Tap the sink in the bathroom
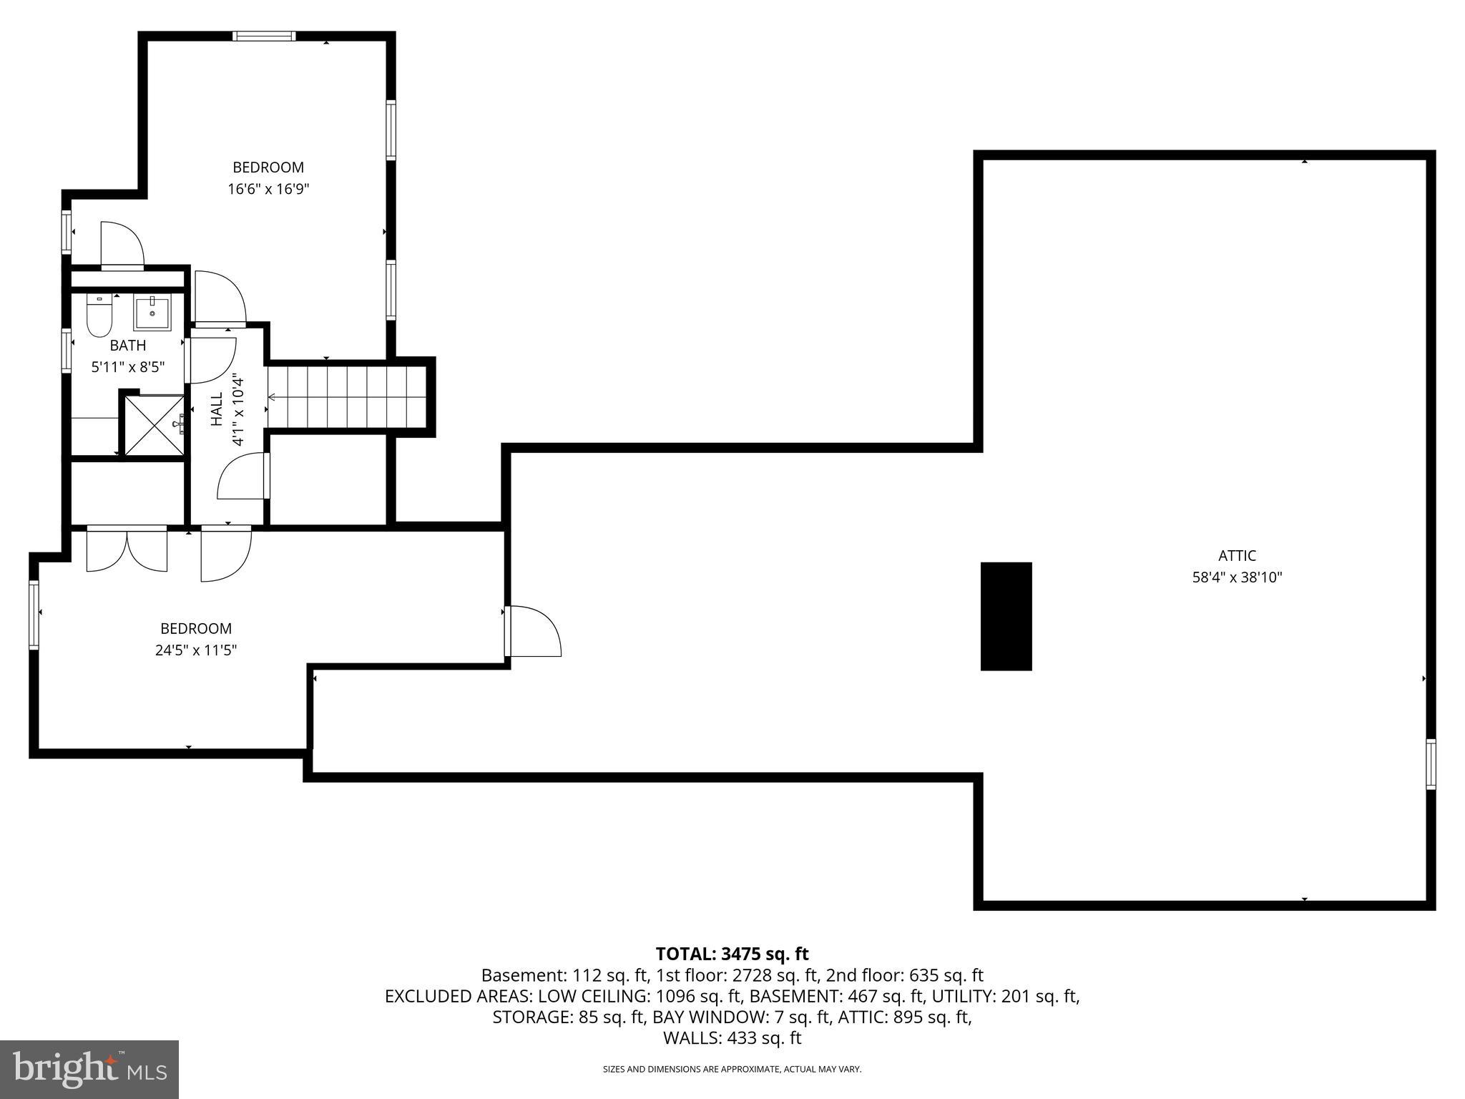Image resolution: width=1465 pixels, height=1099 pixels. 152,313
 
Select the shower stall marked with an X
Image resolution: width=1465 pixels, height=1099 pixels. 155,424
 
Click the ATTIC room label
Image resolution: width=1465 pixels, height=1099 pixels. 1237,555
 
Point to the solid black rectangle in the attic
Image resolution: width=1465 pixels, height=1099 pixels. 1006,616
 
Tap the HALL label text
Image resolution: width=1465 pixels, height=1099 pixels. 217,410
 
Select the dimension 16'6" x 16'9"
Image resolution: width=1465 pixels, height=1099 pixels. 268,190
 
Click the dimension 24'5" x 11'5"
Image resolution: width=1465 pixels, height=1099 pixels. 196,650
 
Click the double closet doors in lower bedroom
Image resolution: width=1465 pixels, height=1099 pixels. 127,549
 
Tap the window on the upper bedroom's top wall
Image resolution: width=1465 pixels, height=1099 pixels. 264,36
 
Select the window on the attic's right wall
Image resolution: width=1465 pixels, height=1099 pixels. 1430,764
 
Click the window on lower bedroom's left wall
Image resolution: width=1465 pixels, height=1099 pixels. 34,615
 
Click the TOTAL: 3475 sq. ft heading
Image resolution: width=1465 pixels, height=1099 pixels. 732,954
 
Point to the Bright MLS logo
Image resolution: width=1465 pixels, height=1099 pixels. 89,1069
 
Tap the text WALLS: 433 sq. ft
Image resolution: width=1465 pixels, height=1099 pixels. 732,1038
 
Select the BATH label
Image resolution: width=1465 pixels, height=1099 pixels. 128,346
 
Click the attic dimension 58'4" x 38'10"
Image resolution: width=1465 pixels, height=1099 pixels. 1237,577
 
